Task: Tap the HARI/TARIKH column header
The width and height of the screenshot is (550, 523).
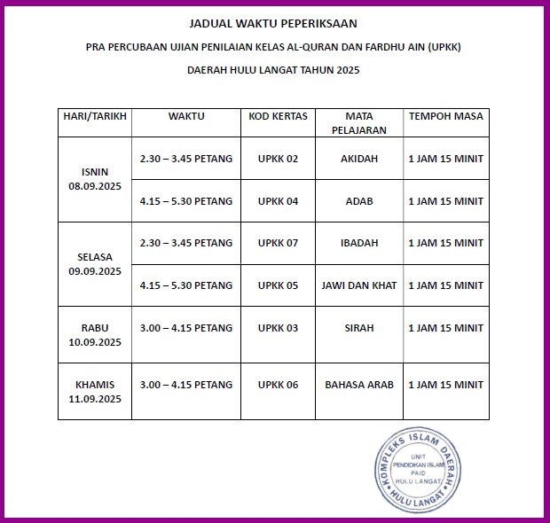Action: tap(94, 116)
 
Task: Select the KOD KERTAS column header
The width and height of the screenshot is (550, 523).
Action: tap(278, 116)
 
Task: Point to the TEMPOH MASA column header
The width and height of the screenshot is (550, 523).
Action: tap(445, 116)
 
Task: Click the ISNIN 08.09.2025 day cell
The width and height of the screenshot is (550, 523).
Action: tap(94, 179)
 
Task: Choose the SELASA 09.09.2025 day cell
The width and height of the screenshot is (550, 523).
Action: tap(94, 264)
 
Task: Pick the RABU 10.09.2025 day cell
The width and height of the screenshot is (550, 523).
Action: tap(94, 335)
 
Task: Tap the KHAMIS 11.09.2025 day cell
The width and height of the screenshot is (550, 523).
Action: tap(94, 392)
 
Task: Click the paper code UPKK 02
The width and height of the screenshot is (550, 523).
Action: tap(278, 159)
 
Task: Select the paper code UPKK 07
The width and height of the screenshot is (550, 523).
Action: tap(278, 243)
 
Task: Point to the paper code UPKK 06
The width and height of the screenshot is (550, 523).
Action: tap(278, 385)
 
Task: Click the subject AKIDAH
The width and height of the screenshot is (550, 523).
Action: tap(359, 159)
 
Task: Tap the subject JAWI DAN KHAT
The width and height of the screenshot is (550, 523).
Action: tap(359, 285)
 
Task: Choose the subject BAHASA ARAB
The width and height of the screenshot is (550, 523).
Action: tap(359, 385)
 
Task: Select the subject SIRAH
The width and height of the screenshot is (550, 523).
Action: tap(359, 328)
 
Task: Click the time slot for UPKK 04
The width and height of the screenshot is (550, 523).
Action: tap(186, 201)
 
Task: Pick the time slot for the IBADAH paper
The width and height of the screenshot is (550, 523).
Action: tap(186, 243)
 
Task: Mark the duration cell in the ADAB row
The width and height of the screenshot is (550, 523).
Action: tap(445, 201)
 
